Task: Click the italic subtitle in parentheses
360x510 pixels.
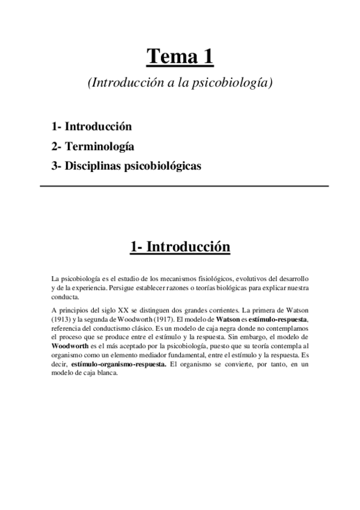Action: tap(180, 84)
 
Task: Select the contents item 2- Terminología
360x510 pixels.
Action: tap(93, 146)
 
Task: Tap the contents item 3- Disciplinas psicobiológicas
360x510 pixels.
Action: tap(126, 165)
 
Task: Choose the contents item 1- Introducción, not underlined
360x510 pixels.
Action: tap(92, 127)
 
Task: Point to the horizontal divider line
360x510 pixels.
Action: tap(184, 186)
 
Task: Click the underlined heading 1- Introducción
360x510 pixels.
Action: tap(180, 248)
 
